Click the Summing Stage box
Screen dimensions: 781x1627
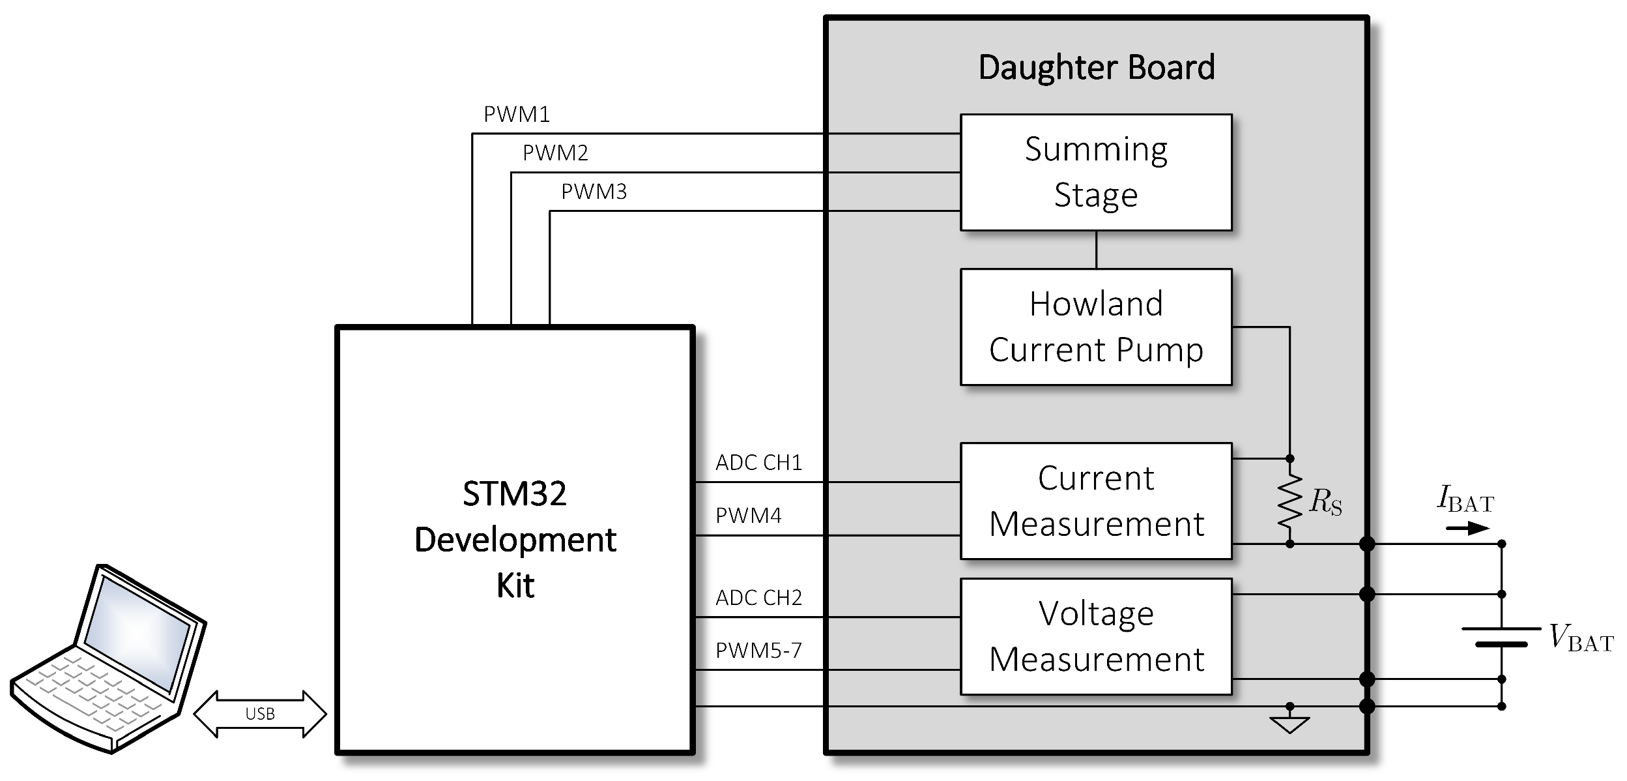click(x=1095, y=172)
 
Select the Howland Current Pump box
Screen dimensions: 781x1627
click(x=1095, y=327)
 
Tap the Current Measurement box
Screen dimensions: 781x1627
click(x=1095, y=501)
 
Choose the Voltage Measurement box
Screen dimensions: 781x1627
click(x=1095, y=636)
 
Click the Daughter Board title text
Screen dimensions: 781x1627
click(x=1096, y=68)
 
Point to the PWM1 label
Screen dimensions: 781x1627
click(x=516, y=115)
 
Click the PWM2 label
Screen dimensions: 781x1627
click(x=555, y=153)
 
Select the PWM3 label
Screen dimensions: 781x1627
click(x=594, y=192)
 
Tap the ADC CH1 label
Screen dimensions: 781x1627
click(x=758, y=463)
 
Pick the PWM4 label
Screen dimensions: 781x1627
click(x=748, y=516)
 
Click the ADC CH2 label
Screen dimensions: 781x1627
click(x=758, y=598)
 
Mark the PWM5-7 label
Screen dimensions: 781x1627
click(x=758, y=651)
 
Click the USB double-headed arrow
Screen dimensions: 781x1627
click(x=260, y=714)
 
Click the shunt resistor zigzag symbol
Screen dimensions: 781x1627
click(x=1289, y=501)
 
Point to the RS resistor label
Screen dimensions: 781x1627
click(x=1325, y=502)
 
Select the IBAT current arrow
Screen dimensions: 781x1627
click(x=1467, y=527)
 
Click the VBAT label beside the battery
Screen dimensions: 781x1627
click(x=1580, y=638)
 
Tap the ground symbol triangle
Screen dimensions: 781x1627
click(x=1289, y=725)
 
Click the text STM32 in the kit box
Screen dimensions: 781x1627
click(x=514, y=494)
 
